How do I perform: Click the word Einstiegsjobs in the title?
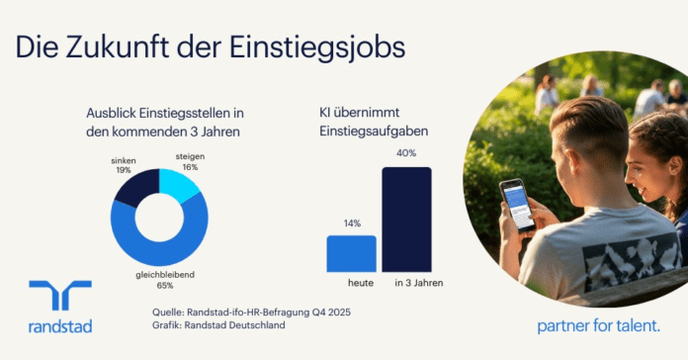[x=316, y=46]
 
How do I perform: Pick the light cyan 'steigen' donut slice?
[x=178, y=185]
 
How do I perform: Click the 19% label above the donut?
[x=124, y=170]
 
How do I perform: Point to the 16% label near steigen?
[x=190, y=167]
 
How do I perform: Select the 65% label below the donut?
[x=165, y=286]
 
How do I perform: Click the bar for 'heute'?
[x=352, y=254]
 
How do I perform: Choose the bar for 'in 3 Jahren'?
[x=406, y=220]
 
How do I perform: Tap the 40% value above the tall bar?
[x=406, y=153]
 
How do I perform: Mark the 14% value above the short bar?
[x=352, y=224]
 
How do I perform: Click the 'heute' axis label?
[x=361, y=283]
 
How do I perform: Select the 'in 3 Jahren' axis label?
[x=419, y=283]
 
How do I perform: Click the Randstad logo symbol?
[x=60, y=295]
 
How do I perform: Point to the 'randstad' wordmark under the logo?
[x=60, y=326]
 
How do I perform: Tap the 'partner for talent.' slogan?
[x=598, y=326]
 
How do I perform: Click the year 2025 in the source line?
[x=339, y=313]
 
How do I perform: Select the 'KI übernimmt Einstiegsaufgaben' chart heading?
[x=374, y=122]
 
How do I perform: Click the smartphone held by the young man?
[x=518, y=205]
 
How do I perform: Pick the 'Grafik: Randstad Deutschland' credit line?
[x=218, y=325]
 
